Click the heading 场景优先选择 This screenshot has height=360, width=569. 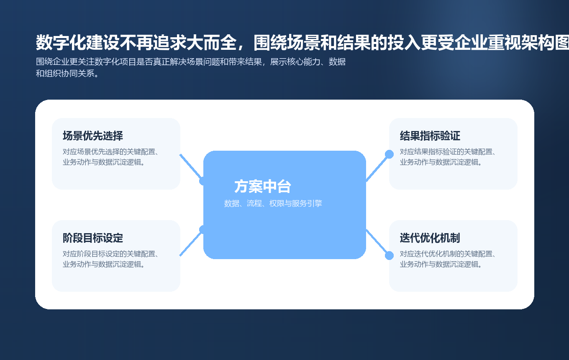coord(93,136)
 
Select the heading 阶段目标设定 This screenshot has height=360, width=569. coord(93,238)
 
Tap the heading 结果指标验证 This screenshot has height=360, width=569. coord(430,136)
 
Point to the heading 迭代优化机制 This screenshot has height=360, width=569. coord(430,238)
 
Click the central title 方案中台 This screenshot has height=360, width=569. coord(263,187)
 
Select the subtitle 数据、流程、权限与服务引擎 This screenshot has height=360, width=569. coord(273,203)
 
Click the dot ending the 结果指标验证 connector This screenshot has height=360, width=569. coord(389,154)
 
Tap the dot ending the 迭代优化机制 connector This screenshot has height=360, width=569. coord(389,255)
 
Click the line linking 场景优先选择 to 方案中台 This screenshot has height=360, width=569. coord(191,167)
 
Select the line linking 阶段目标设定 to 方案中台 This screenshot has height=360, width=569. coord(191,243)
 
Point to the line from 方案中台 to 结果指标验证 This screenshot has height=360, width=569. coord(377,167)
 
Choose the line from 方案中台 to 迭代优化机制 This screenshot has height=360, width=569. coord(377,243)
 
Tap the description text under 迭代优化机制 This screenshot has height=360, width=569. coord(448,259)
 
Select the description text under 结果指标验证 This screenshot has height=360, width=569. coord(448,157)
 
